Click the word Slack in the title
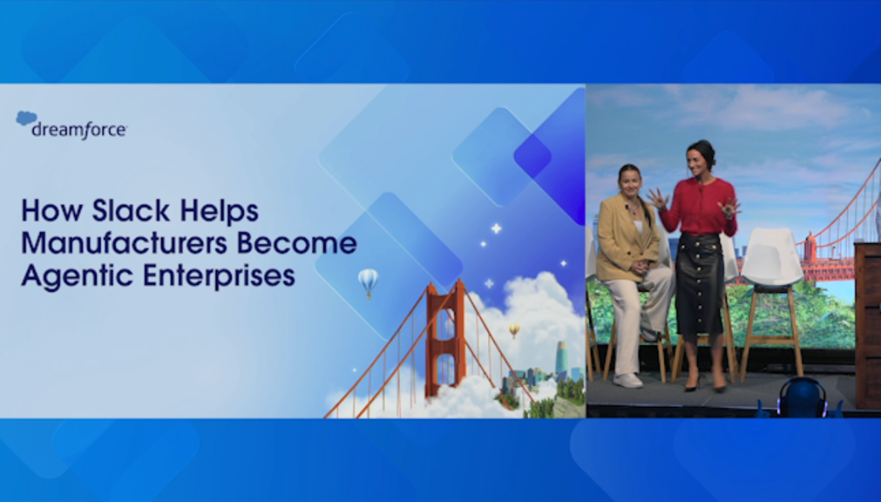pos(131,211)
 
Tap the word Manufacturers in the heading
pos(124,243)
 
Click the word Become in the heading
pos(296,243)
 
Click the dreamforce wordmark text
pos(79,131)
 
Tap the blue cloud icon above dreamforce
pos(26,118)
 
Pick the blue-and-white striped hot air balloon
pos(368,282)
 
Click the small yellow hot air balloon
pos(514,330)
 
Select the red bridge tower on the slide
pos(445,337)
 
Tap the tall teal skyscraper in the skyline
pos(560,360)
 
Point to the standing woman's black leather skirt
pos(699,285)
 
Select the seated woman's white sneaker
pos(627,381)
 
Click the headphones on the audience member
pos(803,396)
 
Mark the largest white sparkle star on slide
pos(496,228)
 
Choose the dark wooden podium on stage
pos(868,326)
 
